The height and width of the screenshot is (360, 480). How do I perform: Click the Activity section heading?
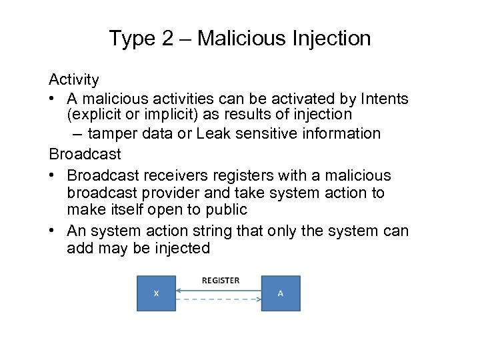tap(74, 80)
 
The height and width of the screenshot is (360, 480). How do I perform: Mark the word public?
tap(224, 210)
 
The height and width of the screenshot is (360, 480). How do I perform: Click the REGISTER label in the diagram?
tap(220, 281)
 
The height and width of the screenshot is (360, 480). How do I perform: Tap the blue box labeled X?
tap(157, 293)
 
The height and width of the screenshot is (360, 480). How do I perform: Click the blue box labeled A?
tap(281, 293)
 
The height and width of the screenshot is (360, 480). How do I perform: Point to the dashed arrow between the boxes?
tap(219, 299)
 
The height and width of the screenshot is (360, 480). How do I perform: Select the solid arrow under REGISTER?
tap(219, 290)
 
